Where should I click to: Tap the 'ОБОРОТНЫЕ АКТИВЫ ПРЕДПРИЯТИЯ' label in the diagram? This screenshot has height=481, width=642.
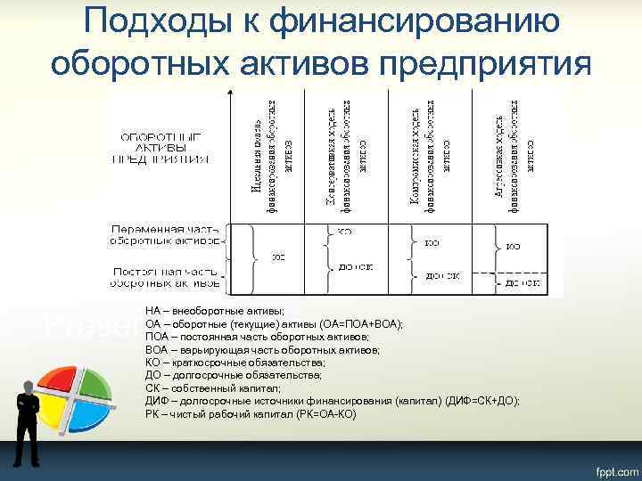point(160,148)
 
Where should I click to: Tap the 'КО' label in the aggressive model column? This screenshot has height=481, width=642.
point(514,245)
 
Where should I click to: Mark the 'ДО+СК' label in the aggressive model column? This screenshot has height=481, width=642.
point(522,282)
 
